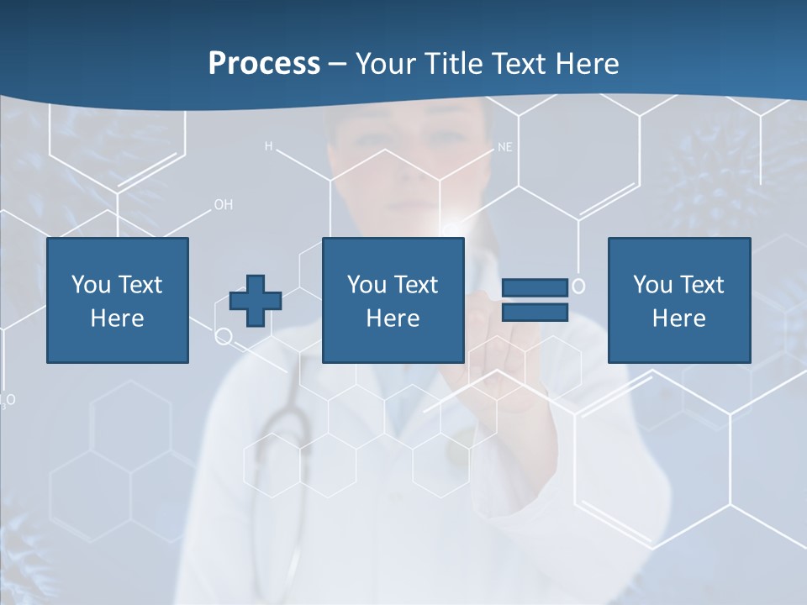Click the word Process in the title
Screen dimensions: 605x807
(264, 64)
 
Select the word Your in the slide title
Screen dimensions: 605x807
(386, 64)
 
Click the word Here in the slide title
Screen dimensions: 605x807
(586, 64)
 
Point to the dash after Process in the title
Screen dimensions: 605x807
(338, 64)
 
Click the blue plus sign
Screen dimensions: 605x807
(256, 301)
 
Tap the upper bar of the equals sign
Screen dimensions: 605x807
(535, 288)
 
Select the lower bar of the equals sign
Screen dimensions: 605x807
(535, 313)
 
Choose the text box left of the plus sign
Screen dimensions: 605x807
(117, 300)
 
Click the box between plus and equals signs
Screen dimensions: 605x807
(393, 300)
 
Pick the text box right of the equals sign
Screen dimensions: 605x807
(678, 300)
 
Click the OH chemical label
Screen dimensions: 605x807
(223, 204)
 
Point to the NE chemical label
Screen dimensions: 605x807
(504, 147)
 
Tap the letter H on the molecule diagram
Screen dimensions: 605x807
(269, 146)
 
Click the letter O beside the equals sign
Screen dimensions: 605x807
(578, 287)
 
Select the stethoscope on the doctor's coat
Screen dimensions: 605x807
(282, 437)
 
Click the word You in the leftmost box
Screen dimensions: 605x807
(91, 285)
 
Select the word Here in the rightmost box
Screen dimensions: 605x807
(678, 318)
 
